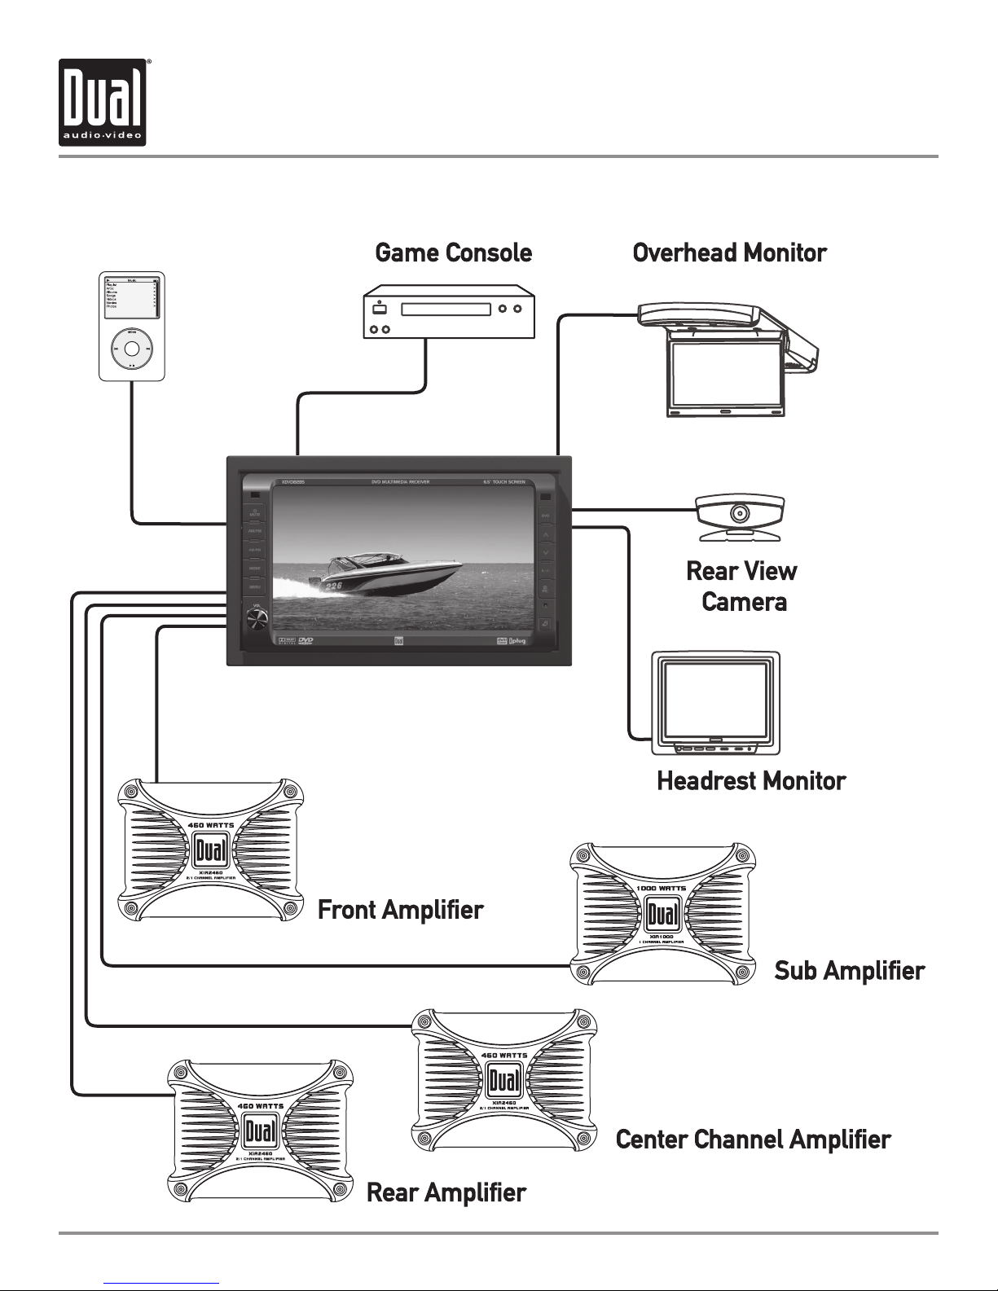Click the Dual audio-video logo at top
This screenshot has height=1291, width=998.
pyautogui.click(x=103, y=103)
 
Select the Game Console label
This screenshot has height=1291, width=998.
pyautogui.click(x=453, y=253)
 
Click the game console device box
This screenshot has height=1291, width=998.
pyautogui.click(x=448, y=311)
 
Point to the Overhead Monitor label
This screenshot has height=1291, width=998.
pyautogui.click(x=729, y=253)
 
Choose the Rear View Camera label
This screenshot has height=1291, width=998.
pyautogui.click(x=742, y=586)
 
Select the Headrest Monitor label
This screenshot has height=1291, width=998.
pyautogui.click(x=751, y=781)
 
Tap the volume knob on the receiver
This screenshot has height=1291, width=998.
pyautogui.click(x=255, y=622)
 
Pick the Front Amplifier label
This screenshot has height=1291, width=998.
pyautogui.click(x=400, y=910)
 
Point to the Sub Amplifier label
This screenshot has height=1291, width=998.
pyautogui.click(x=849, y=971)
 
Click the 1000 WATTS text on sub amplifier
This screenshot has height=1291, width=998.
pyautogui.click(x=662, y=888)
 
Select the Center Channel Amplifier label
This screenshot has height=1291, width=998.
pyautogui.click(x=753, y=1139)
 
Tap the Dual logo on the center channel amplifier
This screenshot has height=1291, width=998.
pyautogui.click(x=504, y=1080)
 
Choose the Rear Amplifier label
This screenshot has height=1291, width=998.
pyautogui.click(x=446, y=1192)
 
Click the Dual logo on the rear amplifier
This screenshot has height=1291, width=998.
pyautogui.click(x=260, y=1132)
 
